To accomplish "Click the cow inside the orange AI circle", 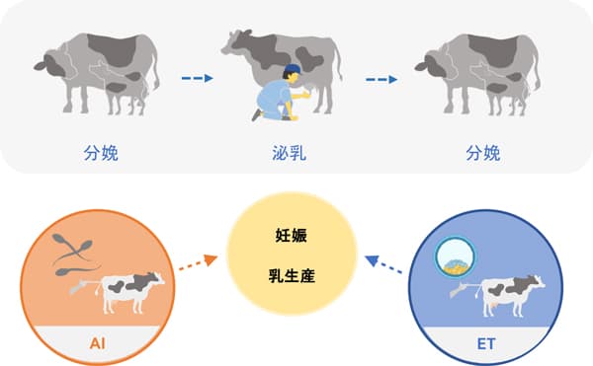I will pyautogui.click(x=129, y=290).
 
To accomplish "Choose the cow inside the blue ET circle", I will pyautogui.click(x=515, y=290).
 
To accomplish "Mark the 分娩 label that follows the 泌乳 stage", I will pyautogui.click(x=482, y=153).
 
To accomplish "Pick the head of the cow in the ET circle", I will pyautogui.click(x=540, y=283).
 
